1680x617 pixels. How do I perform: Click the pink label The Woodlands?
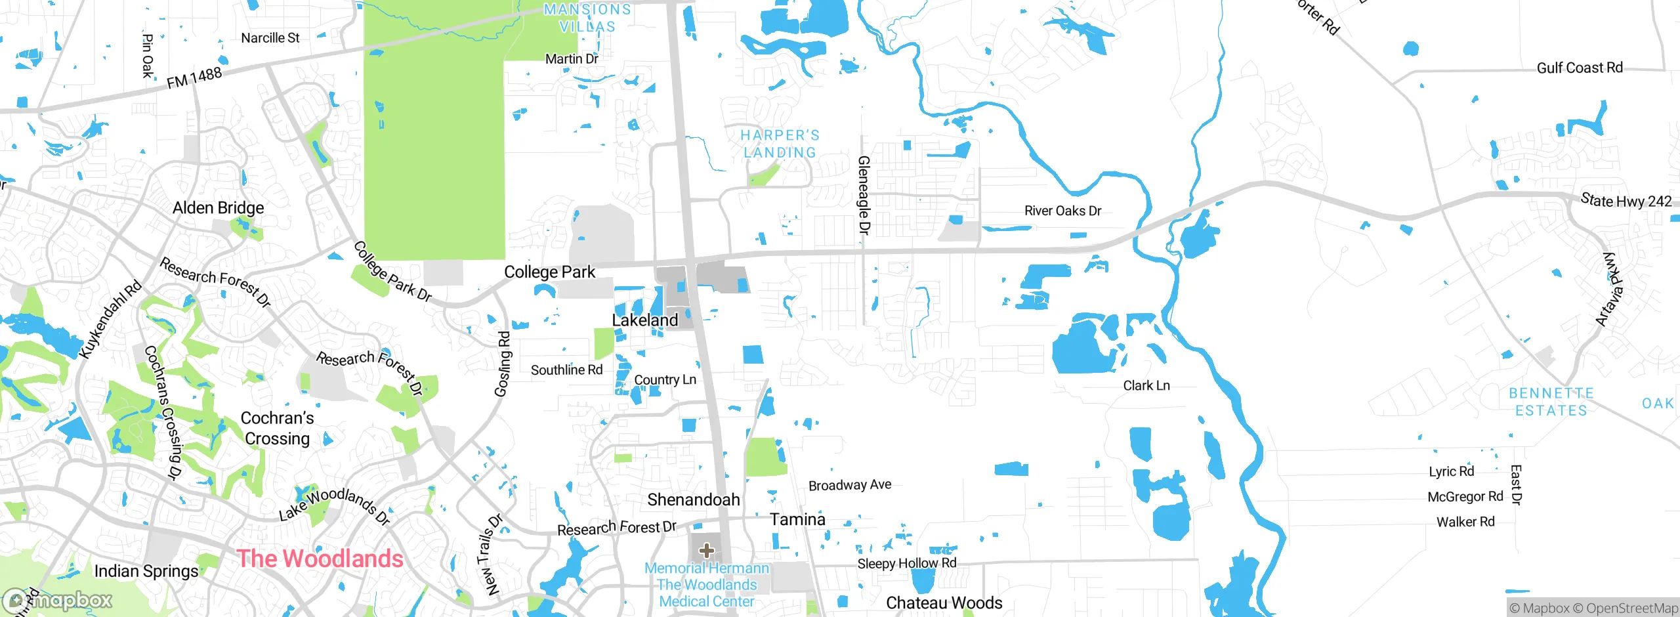pos(320,559)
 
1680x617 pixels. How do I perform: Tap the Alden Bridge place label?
pos(218,208)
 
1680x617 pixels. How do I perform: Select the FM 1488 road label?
pos(194,78)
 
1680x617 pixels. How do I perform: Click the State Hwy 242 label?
pos(1626,201)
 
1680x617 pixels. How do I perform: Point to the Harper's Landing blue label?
pos(780,144)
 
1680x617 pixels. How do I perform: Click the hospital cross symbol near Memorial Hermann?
pos(706,550)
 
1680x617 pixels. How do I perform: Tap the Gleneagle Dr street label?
pos(864,195)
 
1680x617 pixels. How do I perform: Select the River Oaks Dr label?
pos(1062,211)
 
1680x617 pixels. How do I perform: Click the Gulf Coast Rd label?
pos(1579,68)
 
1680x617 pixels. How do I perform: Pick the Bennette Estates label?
pos(1551,402)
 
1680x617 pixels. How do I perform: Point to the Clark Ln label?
pos(1146,386)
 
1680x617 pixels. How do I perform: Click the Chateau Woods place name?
pos(944,603)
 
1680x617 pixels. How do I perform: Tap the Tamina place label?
pos(797,519)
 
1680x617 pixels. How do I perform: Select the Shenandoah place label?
pos(693,500)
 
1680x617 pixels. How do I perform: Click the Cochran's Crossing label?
pos(277,428)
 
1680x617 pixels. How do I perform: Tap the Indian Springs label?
pos(146,571)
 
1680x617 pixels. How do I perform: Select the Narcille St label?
pos(270,38)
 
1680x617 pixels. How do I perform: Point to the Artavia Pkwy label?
pos(1610,289)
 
